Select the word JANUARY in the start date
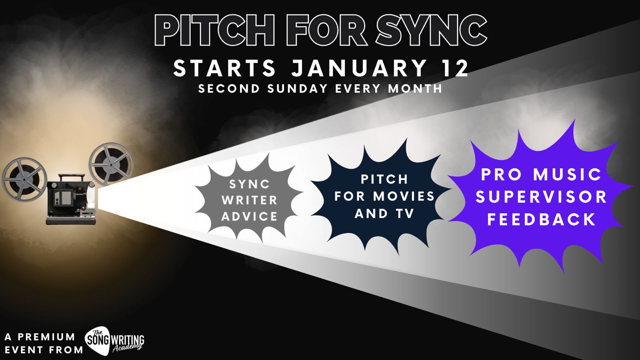pos(358,68)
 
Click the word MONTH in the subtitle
pos(415,88)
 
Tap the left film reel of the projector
pos(24,180)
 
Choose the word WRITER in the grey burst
pos(250,200)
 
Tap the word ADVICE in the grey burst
pos(250,216)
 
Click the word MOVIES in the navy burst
pos(404,196)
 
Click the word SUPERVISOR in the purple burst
pos(542,197)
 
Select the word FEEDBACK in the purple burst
pos(542,220)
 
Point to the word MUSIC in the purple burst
pos(567,174)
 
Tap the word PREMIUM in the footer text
pos(46,337)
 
